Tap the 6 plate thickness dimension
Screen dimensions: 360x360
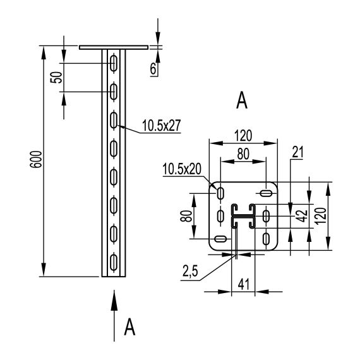coord(154,68)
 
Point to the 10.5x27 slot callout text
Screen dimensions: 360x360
coord(161,125)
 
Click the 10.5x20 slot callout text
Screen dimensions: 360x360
coord(182,169)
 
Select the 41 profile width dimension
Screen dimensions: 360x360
coord(243,284)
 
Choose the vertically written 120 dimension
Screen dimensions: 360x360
coord(321,215)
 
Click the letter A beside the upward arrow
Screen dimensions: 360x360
coord(131,327)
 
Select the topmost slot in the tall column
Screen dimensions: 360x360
coord(114,63)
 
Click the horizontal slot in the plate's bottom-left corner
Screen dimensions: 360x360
coord(220,239)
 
